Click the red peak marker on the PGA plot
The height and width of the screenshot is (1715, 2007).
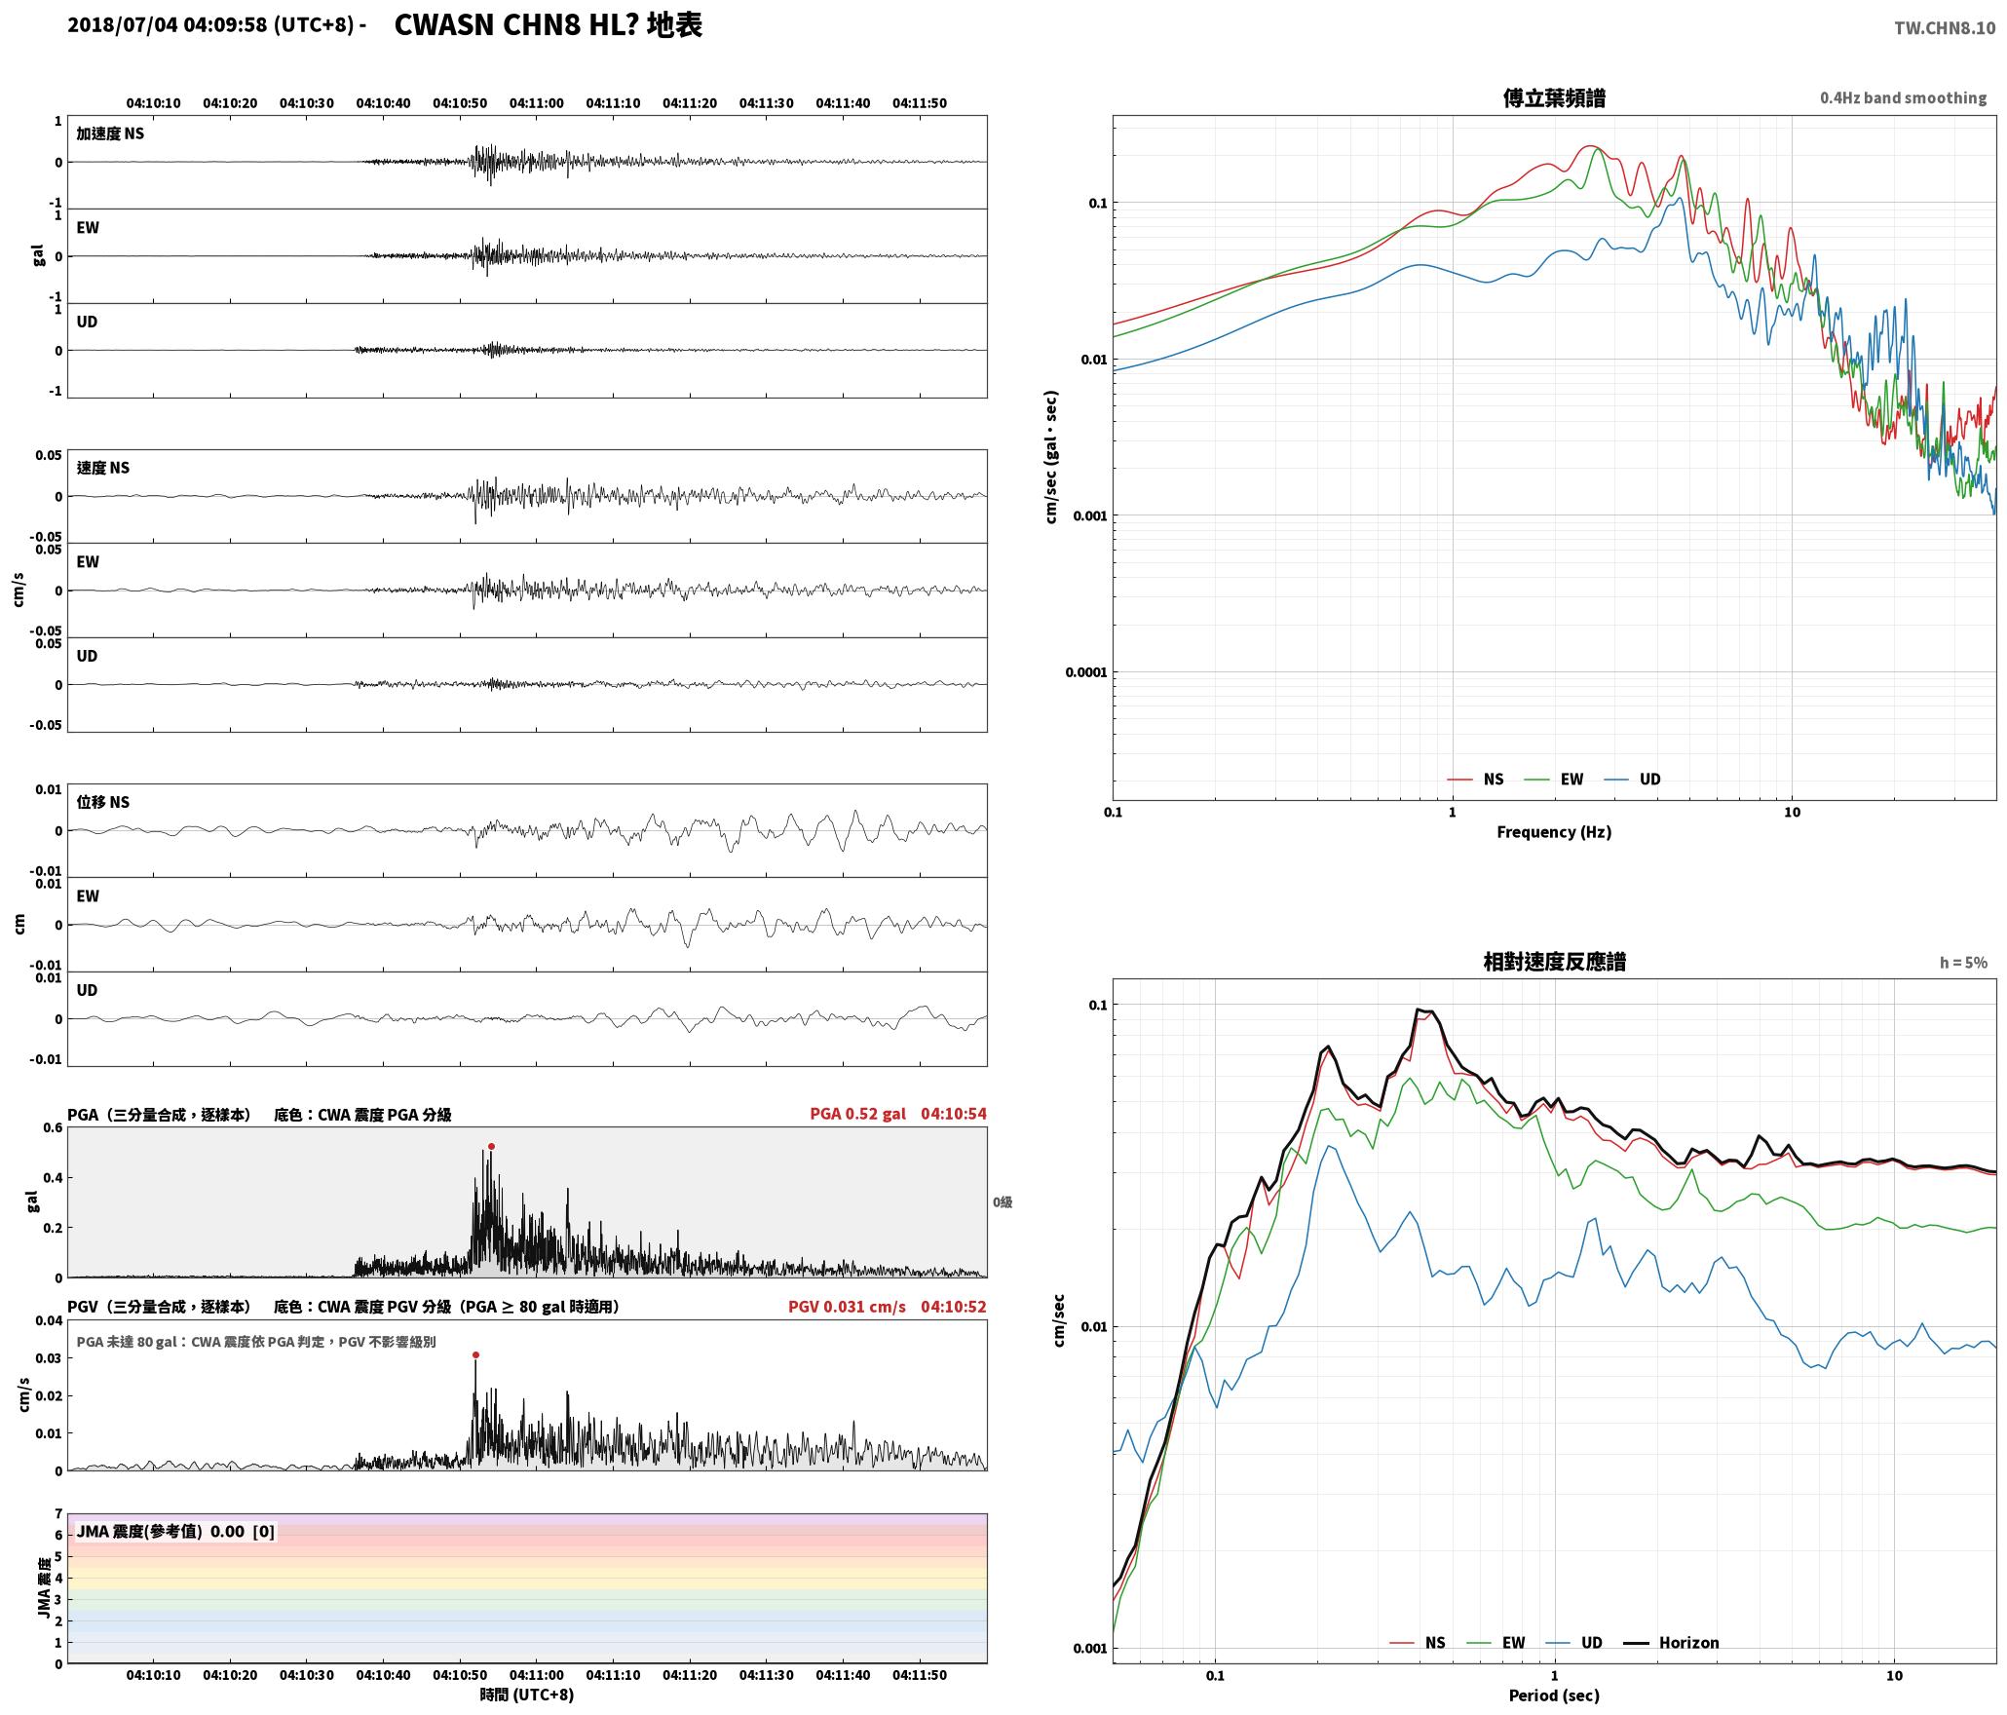click(x=491, y=1146)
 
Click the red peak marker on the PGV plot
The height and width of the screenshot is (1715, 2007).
click(x=475, y=1354)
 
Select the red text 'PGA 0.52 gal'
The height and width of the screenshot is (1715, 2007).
click(x=857, y=1114)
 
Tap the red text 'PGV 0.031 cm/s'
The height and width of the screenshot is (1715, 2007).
click(x=847, y=1307)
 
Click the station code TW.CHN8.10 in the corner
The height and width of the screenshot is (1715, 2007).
click(x=1945, y=28)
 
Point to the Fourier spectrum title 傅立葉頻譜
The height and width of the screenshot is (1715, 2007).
click(x=1554, y=98)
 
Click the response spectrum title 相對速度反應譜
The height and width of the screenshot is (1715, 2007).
click(x=1554, y=962)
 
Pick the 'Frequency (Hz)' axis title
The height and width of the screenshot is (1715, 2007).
click(x=1554, y=832)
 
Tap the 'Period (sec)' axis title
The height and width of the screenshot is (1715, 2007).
click(x=1554, y=1696)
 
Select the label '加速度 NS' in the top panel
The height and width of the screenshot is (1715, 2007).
click(x=110, y=133)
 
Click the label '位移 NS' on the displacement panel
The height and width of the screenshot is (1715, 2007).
click(x=102, y=802)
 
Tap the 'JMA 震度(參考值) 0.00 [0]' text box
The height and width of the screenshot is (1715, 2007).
click(x=175, y=1532)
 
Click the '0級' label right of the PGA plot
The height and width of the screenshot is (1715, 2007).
click(x=1003, y=1202)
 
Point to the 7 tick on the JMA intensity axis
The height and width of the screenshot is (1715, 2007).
click(x=58, y=1514)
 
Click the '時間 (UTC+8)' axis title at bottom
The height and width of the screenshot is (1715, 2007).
click(x=527, y=1695)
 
